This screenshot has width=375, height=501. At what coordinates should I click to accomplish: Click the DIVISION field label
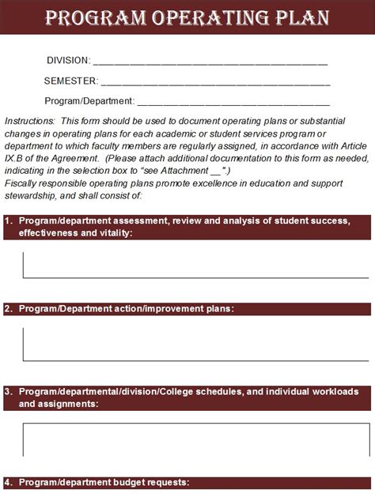(x=68, y=60)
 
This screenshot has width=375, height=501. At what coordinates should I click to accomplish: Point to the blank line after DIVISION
(x=210, y=62)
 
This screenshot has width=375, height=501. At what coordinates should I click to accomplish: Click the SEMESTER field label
(x=71, y=81)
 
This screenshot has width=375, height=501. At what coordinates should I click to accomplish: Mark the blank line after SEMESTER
(x=215, y=82)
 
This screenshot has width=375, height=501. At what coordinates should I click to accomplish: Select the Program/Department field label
(x=89, y=101)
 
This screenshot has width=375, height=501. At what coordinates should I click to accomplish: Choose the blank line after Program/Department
(x=233, y=103)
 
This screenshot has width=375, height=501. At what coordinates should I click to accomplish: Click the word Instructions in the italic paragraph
(x=29, y=121)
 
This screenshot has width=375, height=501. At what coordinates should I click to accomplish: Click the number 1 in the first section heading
(x=7, y=220)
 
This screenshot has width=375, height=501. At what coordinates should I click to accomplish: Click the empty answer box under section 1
(x=197, y=265)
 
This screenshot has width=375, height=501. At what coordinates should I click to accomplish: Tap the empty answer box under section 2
(x=197, y=343)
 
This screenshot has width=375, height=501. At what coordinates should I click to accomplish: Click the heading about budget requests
(x=103, y=482)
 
